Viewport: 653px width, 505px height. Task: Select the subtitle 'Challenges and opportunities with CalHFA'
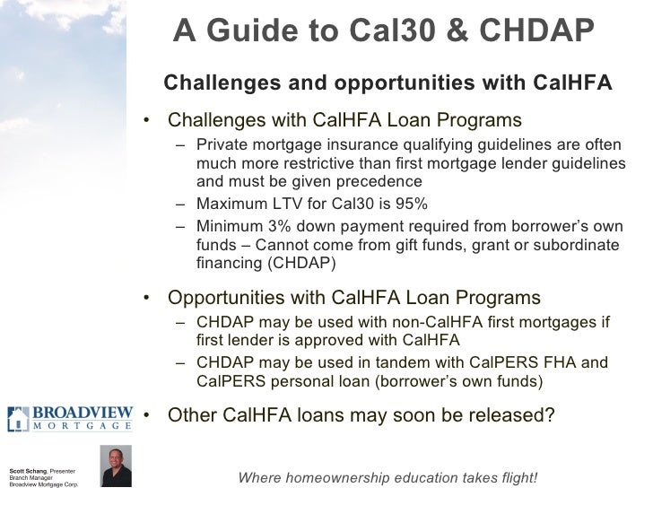(x=387, y=83)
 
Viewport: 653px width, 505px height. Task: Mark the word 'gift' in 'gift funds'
(x=426, y=245)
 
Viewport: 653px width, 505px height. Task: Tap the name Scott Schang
(x=25, y=472)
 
